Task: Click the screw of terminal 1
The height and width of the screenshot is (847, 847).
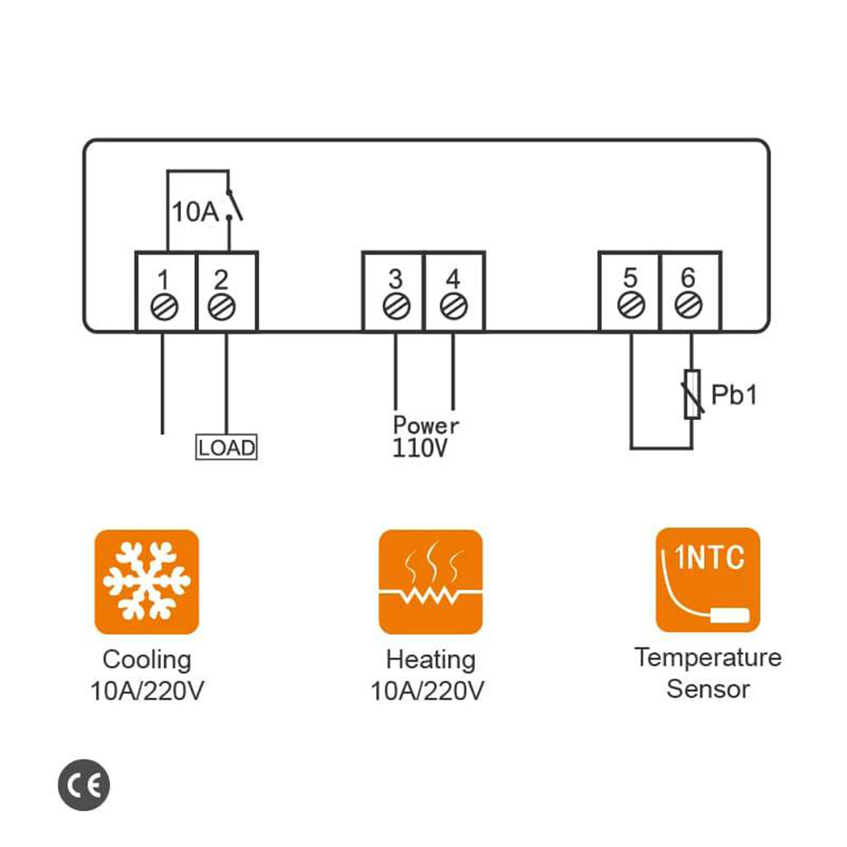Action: [x=164, y=307]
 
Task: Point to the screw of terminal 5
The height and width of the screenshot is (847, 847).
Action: [x=631, y=304]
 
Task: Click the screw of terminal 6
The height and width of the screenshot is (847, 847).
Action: [x=688, y=304]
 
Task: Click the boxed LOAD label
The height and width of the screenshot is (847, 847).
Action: [x=227, y=448]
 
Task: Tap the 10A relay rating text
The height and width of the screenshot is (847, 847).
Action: [x=194, y=212]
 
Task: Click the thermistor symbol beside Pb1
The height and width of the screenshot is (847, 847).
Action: [x=692, y=394]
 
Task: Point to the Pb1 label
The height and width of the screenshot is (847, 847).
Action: [x=734, y=395]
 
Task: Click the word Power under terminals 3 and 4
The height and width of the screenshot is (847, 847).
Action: [x=426, y=424]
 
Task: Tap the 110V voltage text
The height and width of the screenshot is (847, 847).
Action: [x=420, y=448]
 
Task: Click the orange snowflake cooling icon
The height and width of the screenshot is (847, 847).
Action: [x=147, y=582]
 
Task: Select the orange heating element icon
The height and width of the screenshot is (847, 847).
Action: [x=431, y=582]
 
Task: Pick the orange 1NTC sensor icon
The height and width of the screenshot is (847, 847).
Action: [x=708, y=580]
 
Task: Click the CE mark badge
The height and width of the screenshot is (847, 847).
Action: [x=84, y=785]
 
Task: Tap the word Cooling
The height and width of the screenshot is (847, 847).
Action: [x=147, y=660]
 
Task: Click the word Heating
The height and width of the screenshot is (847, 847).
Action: [x=430, y=660]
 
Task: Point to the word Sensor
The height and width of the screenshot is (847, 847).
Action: [x=708, y=689]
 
